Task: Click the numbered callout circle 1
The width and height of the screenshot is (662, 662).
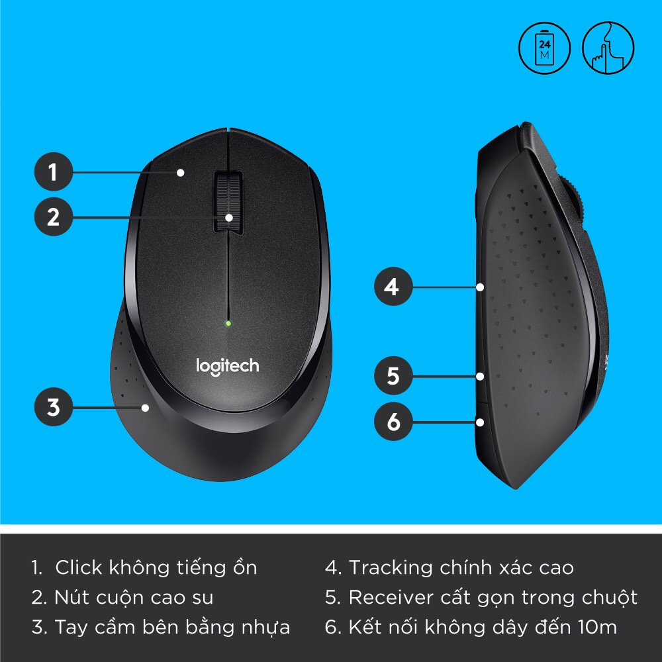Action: pyautogui.click(x=53, y=173)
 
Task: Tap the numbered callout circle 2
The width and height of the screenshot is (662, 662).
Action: pyautogui.click(x=53, y=216)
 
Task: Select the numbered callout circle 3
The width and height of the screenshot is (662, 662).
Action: pyautogui.click(x=53, y=407)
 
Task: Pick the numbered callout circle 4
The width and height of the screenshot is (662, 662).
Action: pyautogui.click(x=393, y=287)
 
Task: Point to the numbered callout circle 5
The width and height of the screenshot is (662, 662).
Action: pyautogui.click(x=393, y=376)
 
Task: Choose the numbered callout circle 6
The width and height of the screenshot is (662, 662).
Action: pyautogui.click(x=393, y=422)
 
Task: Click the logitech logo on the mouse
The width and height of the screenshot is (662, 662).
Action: pyautogui.click(x=227, y=365)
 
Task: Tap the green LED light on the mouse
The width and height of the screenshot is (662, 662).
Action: pyautogui.click(x=228, y=324)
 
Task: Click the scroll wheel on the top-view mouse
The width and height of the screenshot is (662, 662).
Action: pyautogui.click(x=228, y=202)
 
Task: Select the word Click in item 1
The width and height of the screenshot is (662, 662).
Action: pyautogui.click(x=78, y=567)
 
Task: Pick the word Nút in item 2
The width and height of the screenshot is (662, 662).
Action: pyautogui.click(x=69, y=598)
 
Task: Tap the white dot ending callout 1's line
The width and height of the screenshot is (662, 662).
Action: pyautogui.click(x=180, y=173)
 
